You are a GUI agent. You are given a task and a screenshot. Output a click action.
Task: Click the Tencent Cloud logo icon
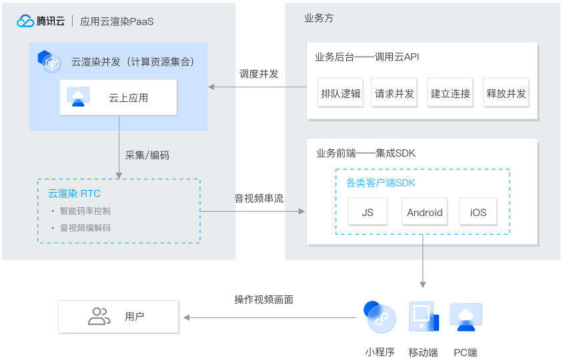[25, 21]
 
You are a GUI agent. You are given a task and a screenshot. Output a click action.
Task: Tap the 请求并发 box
[395, 93]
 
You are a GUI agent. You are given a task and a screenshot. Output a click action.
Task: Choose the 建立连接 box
[451, 93]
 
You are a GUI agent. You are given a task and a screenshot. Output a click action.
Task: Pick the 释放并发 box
[506, 93]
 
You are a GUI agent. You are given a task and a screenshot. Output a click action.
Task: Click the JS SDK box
[368, 213]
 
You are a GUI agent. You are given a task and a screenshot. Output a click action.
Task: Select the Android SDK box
[424, 213]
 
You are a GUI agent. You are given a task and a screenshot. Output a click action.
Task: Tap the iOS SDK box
[478, 213]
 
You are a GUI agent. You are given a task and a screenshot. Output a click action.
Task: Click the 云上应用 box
[119, 98]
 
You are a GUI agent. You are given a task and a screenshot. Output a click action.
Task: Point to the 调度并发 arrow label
[259, 74]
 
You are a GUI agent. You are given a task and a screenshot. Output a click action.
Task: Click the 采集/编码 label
[147, 155]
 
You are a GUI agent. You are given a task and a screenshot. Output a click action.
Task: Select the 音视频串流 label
[259, 198]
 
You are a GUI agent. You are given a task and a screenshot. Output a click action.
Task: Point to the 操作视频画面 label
[264, 300]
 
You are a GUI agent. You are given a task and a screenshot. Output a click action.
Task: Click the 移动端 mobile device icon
[424, 317]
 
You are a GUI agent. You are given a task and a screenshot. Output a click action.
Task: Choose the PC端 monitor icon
[466, 317]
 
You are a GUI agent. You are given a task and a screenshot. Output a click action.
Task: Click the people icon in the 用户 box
[99, 317]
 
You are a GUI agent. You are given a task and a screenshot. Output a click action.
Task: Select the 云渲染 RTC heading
[74, 194]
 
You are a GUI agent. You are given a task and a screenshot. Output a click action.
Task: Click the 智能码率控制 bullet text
[85, 211]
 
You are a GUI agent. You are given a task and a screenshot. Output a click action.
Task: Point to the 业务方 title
[319, 18]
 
